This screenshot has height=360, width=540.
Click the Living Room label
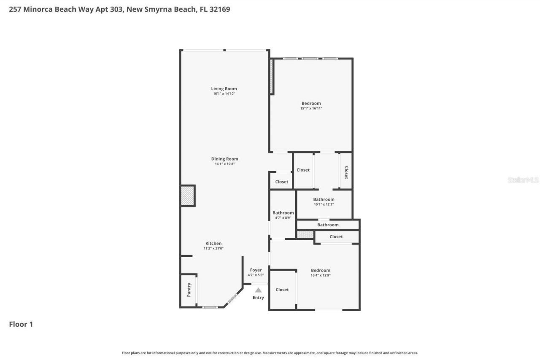tap(224, 89)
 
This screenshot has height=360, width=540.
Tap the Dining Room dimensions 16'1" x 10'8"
tap(224, 164)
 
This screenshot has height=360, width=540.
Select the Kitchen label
tap(213, 243)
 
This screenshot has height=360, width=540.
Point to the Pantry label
tap(189, 290)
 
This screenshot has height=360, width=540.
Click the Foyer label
tap(256, 270)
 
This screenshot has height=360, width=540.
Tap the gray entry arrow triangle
tap(258, 290)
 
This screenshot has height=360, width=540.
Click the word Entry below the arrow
tap(258, 298)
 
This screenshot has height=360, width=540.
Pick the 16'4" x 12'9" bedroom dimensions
tap(321, 276)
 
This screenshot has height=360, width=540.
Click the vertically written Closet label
tap(346, 172)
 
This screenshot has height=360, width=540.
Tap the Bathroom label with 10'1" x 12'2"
tap(324, 199)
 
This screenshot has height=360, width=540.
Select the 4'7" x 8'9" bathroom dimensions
tap(283, 218)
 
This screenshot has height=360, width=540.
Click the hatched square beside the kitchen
tap(187, 196)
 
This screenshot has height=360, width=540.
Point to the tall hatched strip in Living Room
tap(272, 76)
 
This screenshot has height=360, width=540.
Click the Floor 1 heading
tap(21, 324)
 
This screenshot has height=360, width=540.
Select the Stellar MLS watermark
tap(523, 180)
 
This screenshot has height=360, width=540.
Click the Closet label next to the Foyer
tap(282, 290)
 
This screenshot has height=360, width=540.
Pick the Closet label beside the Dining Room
tap(282, 182)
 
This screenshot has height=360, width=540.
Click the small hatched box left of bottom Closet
tap(305, 234)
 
